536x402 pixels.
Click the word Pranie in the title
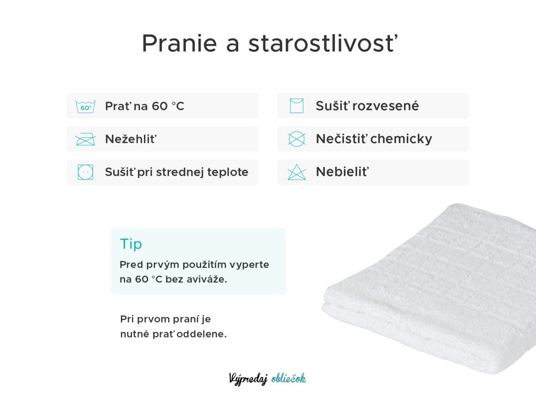(180, 43)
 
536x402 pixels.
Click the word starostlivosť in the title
(323, 43)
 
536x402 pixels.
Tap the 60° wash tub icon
(85, 106)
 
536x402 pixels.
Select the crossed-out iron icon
(85, 139)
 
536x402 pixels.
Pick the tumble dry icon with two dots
(85, 172)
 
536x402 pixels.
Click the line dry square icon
(296, 106)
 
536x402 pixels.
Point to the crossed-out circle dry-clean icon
(296, 139)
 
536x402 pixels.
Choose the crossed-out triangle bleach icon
(296, 172)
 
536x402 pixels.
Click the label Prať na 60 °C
(144, 106)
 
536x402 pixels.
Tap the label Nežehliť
(131, 139)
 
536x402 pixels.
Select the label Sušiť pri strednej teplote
(177, 172)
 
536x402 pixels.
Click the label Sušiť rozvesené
(367, 106)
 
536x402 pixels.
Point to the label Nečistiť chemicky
(374, 139)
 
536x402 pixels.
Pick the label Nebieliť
(342, 172)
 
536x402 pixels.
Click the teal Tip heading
(131, 244)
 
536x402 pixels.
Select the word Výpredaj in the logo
(248, 379)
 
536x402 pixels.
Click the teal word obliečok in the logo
(289, 378)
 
